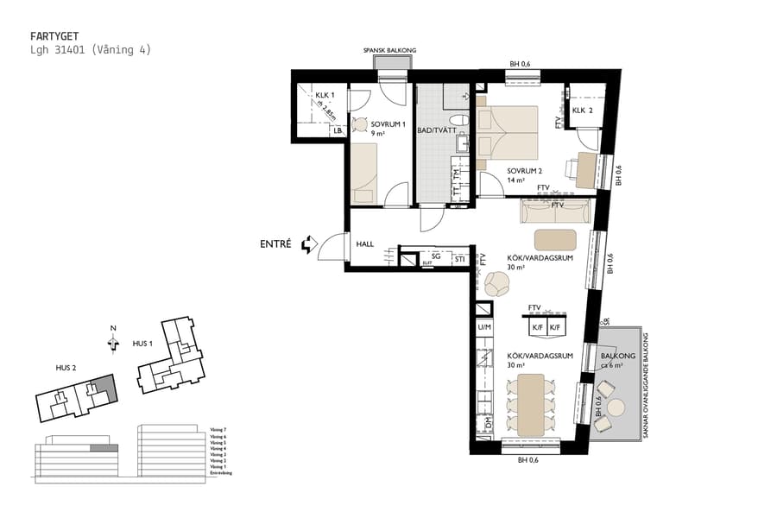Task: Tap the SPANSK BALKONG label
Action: point(389,51)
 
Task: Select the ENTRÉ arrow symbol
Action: point(307,245)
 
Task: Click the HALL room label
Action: point(365,244)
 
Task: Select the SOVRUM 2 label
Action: point(523,171)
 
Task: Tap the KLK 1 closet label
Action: point(324,95)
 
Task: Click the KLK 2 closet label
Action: point(583,111)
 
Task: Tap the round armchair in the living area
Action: point(497,283)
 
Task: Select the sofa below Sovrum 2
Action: point(555,210)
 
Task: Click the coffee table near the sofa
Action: point(555,239)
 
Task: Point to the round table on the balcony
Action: point(616,407)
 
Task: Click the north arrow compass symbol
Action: point(113,343)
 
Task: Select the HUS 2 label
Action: point(66,368)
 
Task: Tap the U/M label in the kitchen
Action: point(483,327)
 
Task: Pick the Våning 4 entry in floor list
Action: point(218,449)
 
